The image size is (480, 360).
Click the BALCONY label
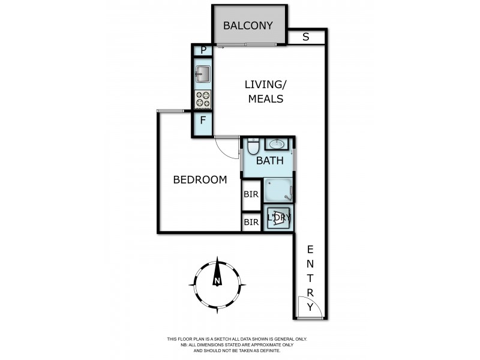(x=248, y=26)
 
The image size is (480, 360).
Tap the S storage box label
(x=305, y=37)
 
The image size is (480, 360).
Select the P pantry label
(x=203, y=50)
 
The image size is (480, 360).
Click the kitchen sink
(x=203, y=74)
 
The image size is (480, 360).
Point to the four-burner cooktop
(x=203, y=99)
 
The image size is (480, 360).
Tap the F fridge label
(x=203, y=120)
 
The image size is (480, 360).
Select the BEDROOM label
(x=200, y=179)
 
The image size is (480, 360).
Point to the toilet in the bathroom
(x=253, y=146)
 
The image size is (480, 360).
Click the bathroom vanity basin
(x=277, y=145)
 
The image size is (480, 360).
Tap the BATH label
(x=269, y=161)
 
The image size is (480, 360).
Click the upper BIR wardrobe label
(x=251, y=195)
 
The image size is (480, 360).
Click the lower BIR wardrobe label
(x=251, y=223)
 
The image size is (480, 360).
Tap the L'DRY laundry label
(x=278, y=218)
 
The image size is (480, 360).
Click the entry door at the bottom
(x=311, y=308)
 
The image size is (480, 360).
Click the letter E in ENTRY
(x=310, y=249)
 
